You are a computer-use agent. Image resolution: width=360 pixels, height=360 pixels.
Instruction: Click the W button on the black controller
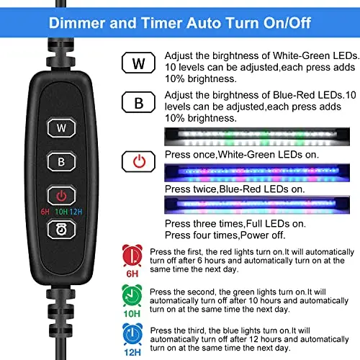pos(61,127)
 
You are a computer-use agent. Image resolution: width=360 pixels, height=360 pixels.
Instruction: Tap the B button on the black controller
pos(61,161)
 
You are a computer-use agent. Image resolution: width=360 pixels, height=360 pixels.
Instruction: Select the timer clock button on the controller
pos(61,230)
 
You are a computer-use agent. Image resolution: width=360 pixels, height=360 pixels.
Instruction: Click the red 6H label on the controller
pos(45,212)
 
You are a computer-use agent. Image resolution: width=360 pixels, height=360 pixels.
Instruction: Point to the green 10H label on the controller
pos(61,212)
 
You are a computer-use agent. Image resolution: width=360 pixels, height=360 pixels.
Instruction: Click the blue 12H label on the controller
pos(76,212)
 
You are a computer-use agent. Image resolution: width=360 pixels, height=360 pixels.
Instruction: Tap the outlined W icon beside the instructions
pos(138,63)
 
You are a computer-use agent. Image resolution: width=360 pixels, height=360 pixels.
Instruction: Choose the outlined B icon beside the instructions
pos(138,102)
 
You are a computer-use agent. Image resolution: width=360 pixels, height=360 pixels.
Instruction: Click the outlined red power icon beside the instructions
pos(138,161)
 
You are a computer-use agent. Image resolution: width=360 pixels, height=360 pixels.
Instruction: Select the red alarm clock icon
pos(132,256)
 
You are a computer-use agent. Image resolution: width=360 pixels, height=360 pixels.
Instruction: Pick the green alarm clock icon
pos(132,295)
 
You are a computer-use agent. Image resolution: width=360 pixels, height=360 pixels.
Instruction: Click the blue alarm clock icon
pos(132,334)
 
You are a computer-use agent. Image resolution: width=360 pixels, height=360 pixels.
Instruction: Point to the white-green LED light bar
pos(257,137)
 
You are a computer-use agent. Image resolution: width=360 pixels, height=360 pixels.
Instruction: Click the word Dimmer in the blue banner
pos(77,23)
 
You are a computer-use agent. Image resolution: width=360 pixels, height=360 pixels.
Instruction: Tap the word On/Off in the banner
pos(287,23)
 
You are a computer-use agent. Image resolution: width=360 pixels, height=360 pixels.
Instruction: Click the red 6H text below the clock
pos(132,274)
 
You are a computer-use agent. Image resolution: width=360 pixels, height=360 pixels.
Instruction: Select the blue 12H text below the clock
pos(132,352)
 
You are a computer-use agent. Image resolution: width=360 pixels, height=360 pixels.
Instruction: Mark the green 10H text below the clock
pos(132,314)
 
